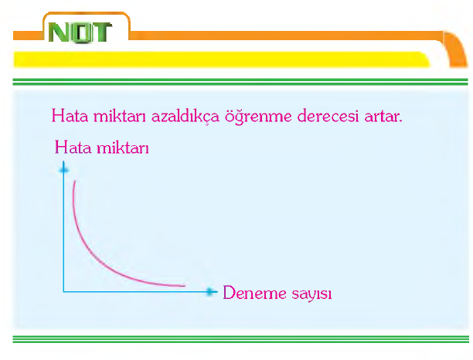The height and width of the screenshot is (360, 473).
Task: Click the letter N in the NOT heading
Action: [60, 32]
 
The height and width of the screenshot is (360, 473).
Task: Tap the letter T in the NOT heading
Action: [100, 32]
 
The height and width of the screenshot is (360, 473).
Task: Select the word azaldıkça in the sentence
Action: [185, 116]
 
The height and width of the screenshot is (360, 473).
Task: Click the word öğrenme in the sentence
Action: [258, 117]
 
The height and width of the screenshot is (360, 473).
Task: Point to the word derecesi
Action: [328, 116]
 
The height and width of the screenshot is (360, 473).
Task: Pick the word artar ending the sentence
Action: [383, 117]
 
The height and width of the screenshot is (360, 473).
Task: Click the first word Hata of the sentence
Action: [70, 116]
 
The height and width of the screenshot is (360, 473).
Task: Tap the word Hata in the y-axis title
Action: [73, 148]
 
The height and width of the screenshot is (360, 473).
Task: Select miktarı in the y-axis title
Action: [122, 148]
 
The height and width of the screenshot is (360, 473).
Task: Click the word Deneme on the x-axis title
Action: [254, 293]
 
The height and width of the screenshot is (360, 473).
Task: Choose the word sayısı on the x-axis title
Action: [311, 294]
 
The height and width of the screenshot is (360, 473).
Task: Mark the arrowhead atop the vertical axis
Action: [63, 169]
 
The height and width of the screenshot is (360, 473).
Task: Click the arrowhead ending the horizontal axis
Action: [210, 291]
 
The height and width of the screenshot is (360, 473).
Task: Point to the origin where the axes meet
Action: [63, 291]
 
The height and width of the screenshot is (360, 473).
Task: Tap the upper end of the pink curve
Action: [75, 182]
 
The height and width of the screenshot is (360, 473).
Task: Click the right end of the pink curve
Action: [185, 286]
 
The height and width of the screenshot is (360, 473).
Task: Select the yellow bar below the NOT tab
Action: [222, 59]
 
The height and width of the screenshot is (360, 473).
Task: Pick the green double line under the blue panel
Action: [240, 339]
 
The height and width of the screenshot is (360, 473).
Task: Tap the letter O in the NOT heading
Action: [80, 32]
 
